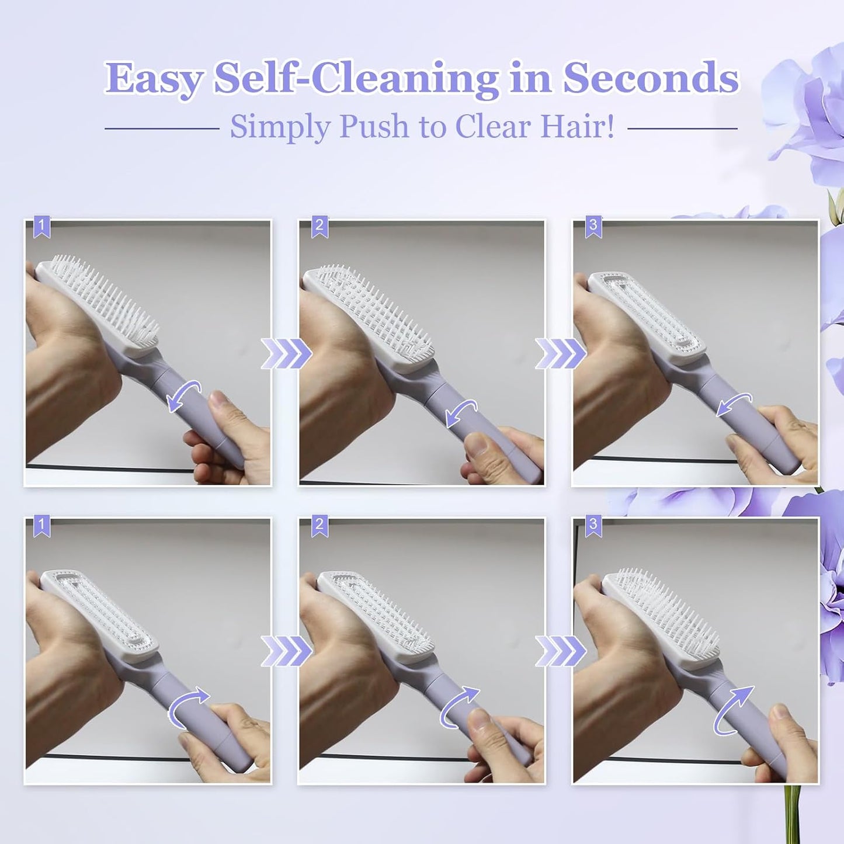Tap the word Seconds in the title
tap(650, 78)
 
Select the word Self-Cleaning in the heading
tap(356, 78)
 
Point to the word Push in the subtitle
tap(374, 126)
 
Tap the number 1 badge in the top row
tap(41, 227)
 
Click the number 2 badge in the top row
tap(319, 227)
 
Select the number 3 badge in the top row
tap(593, 227)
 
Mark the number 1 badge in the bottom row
tap(41, 526)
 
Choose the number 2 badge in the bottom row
tap(319, 526)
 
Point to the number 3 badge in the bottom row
tap(593, 526)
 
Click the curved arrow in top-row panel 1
tap(184, 396)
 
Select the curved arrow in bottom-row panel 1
tap(188, 706)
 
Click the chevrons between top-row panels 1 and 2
tap(286, 353)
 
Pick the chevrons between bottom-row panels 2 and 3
tap(560, 651)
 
